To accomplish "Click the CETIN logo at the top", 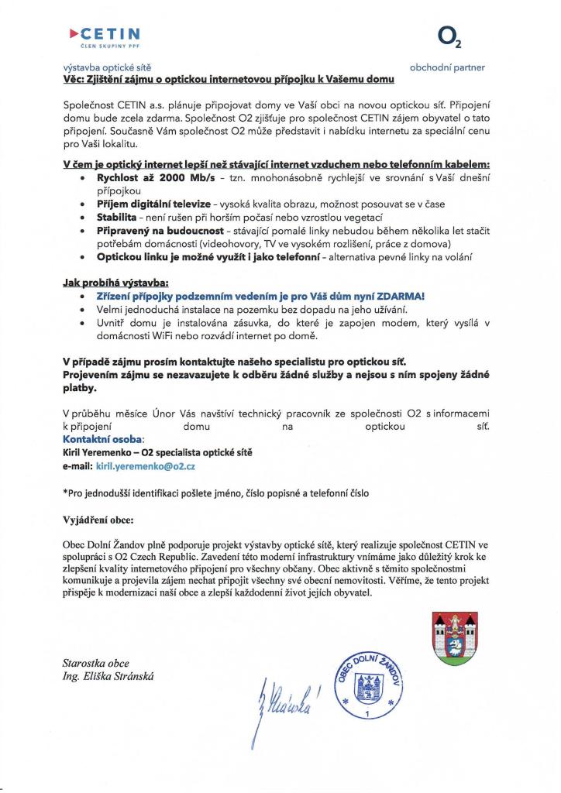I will (x=105, y=36).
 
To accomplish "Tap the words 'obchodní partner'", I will (x=447, y=67).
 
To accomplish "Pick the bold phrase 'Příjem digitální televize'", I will (x=148, y=203).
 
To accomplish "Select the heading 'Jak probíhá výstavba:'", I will (x=115, y=283).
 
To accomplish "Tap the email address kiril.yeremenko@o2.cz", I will (x=145, y=467).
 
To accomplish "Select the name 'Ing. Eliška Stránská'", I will (x=109, y=676).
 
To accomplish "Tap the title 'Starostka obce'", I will (x=96, y=663).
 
